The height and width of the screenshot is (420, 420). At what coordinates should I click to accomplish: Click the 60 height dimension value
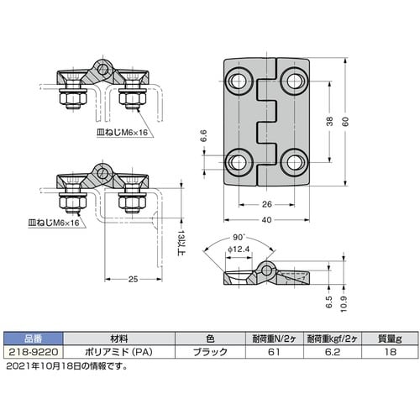345,121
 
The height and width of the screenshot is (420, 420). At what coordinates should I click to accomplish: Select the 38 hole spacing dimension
330,121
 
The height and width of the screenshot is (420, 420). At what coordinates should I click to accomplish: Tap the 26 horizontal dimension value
267,204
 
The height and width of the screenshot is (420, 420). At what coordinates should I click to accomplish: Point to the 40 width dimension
267,219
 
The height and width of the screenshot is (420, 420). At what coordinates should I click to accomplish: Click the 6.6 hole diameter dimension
203,136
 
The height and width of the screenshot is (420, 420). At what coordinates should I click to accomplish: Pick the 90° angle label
239,238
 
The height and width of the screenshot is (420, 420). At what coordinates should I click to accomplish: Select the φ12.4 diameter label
239,249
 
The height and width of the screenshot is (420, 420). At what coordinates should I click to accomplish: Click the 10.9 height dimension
344,304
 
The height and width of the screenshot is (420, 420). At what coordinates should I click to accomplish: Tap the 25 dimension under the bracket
133,279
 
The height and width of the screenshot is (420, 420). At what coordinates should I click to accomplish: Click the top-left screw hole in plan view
238,81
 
